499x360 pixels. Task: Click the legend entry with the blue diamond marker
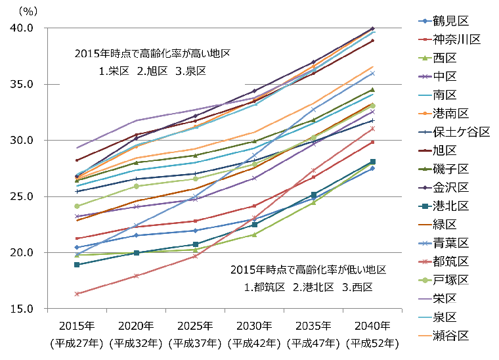[x=425, y=21]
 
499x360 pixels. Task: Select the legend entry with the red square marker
[x=425, y=39]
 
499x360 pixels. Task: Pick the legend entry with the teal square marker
[x=425, y=206]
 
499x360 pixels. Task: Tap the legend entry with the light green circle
[x=425, y=281]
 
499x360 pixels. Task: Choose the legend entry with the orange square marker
[x=425, y=114]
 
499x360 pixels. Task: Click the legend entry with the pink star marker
[x=425, y=261]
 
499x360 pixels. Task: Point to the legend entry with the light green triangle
[x=425, y=58]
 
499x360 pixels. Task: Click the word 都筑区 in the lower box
[x=269, y=288]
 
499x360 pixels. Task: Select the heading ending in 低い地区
[x=307, y=270]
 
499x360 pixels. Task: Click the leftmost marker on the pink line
[x=77, y=294]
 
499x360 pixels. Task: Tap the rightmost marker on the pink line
[x=372, y=128]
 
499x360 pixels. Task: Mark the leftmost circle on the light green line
[x=77, y=206]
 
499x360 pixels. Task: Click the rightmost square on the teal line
[x=372, y=162]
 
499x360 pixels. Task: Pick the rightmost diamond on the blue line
[x=372, y=169]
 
